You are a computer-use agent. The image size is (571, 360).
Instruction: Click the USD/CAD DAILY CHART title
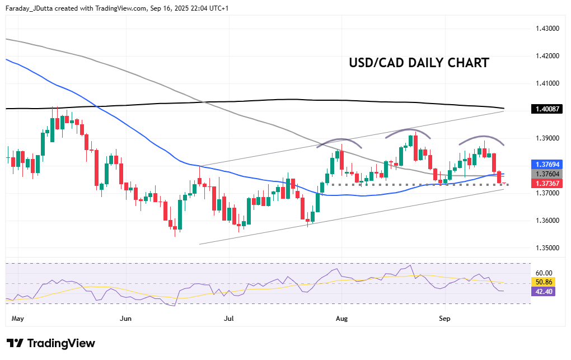click(x=419, y=63)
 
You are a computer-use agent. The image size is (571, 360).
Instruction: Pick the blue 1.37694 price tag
click(x=545, y=165)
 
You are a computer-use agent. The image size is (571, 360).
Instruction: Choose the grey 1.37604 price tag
click(x=545, y=174)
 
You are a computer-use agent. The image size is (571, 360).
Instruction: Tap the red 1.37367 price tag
click(x=545, y=184)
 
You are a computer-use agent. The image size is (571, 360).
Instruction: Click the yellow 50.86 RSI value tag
click(x=543, y=282)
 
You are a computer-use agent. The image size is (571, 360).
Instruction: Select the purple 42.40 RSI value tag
click(x=543, y=291)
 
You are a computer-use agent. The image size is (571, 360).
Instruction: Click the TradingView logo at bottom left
click(x=51, y=343)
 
